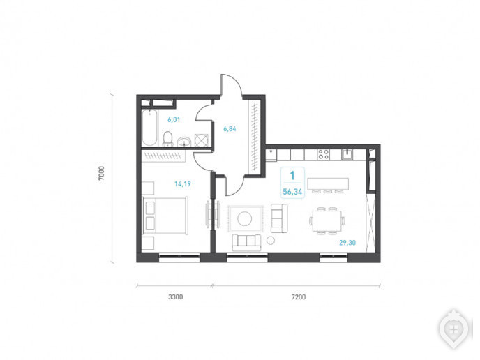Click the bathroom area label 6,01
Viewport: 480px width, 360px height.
point(174,120)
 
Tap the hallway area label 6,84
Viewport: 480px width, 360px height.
point(230,129)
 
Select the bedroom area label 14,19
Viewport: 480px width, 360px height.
point(183,183)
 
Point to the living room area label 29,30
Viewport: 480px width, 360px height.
point(347,243)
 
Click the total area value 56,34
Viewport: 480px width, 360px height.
point(292,192)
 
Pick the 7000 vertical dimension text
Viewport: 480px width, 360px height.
point(102,173)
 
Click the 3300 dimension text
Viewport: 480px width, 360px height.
point(176,297)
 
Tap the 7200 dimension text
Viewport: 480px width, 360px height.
point(299,297)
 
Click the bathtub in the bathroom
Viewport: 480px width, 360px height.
point(150,128)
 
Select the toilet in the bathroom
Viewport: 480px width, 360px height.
point(167,139)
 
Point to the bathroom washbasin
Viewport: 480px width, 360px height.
point(184,142)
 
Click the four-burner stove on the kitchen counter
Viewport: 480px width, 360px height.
point(323,154)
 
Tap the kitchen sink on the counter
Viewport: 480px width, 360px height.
point(347,154)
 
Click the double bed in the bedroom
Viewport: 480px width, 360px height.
point(165,216)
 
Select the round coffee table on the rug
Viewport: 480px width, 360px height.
point(245,219)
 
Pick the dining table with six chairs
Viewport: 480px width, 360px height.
point(327,221)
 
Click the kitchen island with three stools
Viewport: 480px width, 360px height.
point(328,185)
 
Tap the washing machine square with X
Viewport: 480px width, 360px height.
point(202,140)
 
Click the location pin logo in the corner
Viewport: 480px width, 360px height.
point(454,330)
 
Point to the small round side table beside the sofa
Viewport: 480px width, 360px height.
point(271,240)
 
